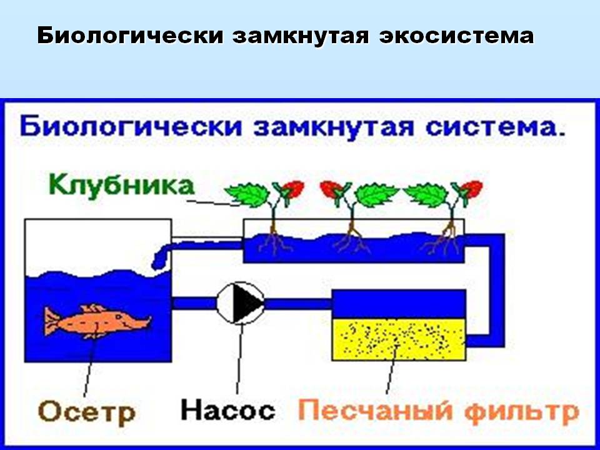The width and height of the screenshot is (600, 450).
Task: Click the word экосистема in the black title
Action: (456, 36)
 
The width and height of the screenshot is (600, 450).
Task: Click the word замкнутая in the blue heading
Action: (333, 127)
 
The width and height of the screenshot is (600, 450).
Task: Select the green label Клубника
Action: (121, 185)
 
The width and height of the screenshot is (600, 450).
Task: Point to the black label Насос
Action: (227, 410)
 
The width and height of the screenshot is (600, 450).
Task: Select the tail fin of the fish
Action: (52, 321)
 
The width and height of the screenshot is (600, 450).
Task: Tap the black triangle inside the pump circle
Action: (247, 303)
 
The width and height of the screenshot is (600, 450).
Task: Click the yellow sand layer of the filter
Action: (399, 339)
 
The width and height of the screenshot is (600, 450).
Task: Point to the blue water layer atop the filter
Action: (399, 304)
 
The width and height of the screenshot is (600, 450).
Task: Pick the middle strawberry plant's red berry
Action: (330, 189)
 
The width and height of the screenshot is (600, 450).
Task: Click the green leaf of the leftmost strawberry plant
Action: (246, 194)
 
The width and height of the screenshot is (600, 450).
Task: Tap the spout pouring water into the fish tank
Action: (161, 257)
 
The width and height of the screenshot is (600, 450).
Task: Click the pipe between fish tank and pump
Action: (194, 303)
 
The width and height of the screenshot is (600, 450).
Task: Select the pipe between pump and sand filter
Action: (298, 304)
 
